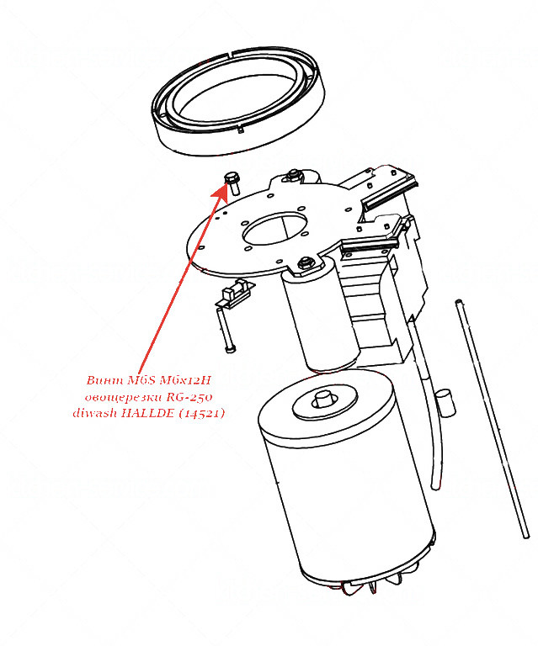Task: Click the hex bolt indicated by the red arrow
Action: (x=232, y=183)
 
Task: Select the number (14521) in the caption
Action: (x=201, y=413)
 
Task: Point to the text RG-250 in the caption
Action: (x=189, y=397)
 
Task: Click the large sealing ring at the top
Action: (x=238, y=100)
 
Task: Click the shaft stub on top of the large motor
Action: (x=323, y=398)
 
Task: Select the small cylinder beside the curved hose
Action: (x=445, y=402)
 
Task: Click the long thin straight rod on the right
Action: (x=492, y=418)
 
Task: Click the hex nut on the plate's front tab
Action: (x=305, y=262)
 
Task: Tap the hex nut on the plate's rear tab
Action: (x=293, y=174)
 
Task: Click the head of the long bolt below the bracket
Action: (x=231, y=349)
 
